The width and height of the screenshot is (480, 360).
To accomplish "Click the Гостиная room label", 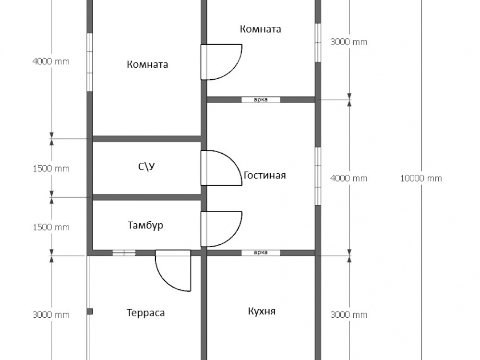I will (264, 175).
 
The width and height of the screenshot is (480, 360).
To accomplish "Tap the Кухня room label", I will (262, 312).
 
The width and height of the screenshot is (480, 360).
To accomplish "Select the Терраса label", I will (145, 313).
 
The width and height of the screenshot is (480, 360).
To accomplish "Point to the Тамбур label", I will (145, 225).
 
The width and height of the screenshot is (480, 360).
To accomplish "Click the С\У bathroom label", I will (146, 167).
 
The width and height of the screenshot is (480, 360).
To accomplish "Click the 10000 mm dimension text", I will (420, 178).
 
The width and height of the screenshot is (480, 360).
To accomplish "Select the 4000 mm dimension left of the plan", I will (50, 61).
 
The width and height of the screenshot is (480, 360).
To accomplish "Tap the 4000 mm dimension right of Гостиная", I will (349, 178).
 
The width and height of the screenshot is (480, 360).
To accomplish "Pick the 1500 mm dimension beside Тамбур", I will (51, 227).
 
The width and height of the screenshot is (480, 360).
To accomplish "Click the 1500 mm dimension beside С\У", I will (51, 168).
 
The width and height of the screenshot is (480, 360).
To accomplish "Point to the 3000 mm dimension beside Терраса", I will (51, 315).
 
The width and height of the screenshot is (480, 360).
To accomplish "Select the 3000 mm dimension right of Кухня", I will (349, 315).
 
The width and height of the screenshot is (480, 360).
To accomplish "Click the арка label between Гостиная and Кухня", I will (261, 252).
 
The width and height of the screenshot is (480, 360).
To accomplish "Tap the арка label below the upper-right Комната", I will (261, 100).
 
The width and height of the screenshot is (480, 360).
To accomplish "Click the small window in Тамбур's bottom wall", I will (124, 252).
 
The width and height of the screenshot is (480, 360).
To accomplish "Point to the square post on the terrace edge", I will (89, 312).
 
